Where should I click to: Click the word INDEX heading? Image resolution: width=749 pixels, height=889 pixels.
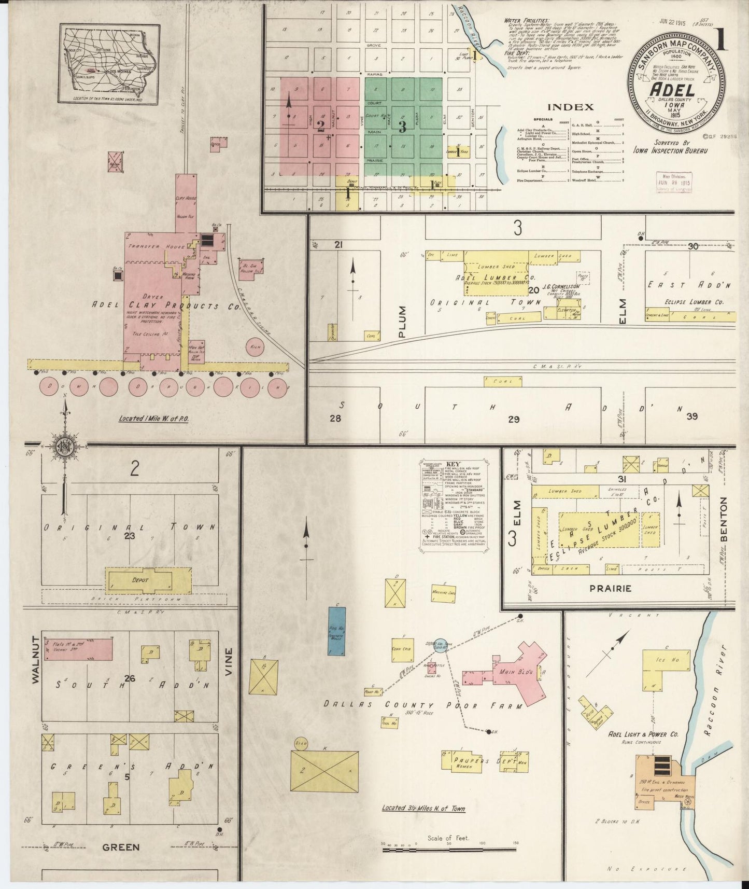[x=570, y=107]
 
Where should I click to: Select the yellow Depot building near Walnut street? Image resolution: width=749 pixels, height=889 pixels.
[x=139, y=580]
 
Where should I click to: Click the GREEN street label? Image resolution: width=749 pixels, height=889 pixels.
[x=121, y=847]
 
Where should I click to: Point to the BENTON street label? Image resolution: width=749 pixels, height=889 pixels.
[x=724, y=519]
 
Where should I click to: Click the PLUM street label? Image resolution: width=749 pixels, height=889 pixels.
[x=403, y=322]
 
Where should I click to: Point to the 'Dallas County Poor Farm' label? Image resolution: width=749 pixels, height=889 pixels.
[x=407, y=705]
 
